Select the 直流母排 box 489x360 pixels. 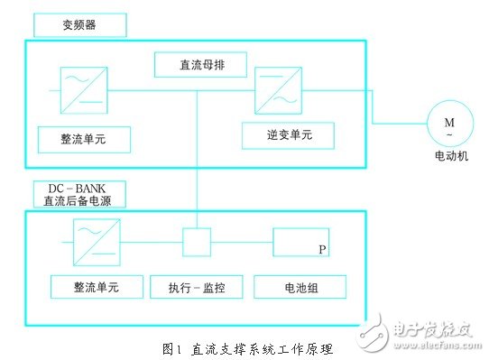[197, 64]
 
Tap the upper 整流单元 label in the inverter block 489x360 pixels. [84, 139]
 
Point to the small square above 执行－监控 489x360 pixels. [197, 242]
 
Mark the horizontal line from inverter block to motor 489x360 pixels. [397, 125]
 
